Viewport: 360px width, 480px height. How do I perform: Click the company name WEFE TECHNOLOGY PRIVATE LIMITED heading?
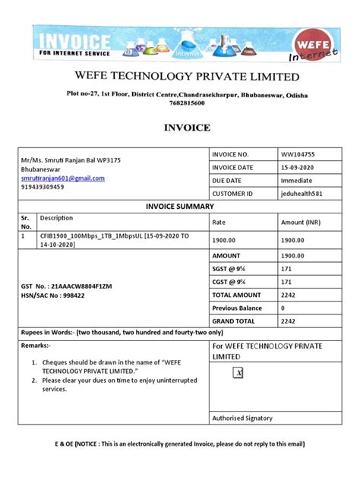click(185, 77)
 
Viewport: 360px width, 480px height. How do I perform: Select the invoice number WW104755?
click(297, 154)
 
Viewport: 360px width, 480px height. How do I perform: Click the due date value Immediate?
click(297, 181)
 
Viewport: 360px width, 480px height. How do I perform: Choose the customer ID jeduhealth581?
click(302, 194)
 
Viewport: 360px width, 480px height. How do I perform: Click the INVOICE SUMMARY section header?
click(179, 207)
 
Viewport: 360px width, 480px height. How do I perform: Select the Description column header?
click(57, 218)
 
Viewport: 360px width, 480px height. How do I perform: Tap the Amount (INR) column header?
click(302, 223)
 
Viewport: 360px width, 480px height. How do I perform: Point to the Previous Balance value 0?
click(283, 308)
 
